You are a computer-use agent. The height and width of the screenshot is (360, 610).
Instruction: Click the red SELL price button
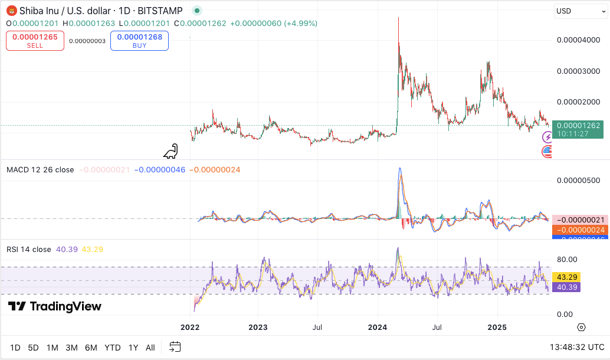35,40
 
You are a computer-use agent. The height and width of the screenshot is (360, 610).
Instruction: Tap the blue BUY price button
139,40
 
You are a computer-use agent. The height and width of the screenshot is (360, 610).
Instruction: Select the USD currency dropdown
581,11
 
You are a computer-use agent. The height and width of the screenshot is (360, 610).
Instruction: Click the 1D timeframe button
15,348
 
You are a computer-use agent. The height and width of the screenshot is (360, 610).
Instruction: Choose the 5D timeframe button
33,348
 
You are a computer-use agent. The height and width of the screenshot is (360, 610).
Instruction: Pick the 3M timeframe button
71,348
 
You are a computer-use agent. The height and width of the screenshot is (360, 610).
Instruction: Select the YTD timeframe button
113,348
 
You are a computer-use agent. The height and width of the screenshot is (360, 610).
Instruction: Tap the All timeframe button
150,348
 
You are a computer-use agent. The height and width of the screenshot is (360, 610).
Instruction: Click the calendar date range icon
175,347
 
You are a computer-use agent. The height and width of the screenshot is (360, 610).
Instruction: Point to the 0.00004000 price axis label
578,40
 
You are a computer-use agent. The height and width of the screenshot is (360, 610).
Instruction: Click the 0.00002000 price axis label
578,102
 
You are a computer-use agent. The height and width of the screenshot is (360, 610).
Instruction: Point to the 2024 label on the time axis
377,327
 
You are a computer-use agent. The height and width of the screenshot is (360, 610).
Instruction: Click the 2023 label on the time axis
258,327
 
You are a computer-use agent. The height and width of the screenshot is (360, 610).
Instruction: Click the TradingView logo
54,306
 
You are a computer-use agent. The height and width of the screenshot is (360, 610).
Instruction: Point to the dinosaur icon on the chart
170,152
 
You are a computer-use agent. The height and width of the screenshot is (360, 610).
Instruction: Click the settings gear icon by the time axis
581,327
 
